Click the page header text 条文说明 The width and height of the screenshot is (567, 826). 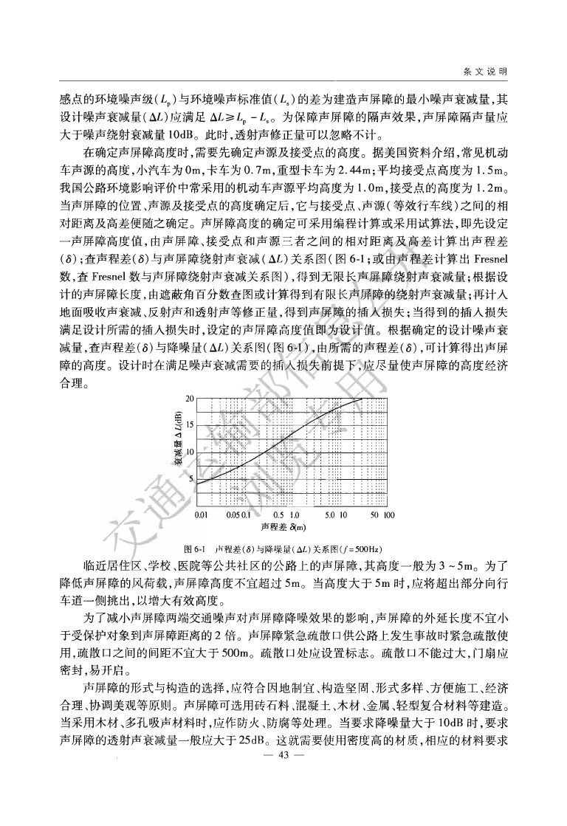coord(485,71)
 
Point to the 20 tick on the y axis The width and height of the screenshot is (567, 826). coord(189,399)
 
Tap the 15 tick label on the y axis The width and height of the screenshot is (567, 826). coord(189,425)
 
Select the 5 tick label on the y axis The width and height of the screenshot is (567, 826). coord(190,479)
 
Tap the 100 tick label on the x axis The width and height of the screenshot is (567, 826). coord(389,514)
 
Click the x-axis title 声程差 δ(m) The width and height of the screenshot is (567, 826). coord(283,527)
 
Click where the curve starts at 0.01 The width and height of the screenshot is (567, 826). coord(197,483)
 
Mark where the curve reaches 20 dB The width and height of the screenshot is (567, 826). coord(362,399)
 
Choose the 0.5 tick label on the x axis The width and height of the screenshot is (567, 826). coord(278,514)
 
